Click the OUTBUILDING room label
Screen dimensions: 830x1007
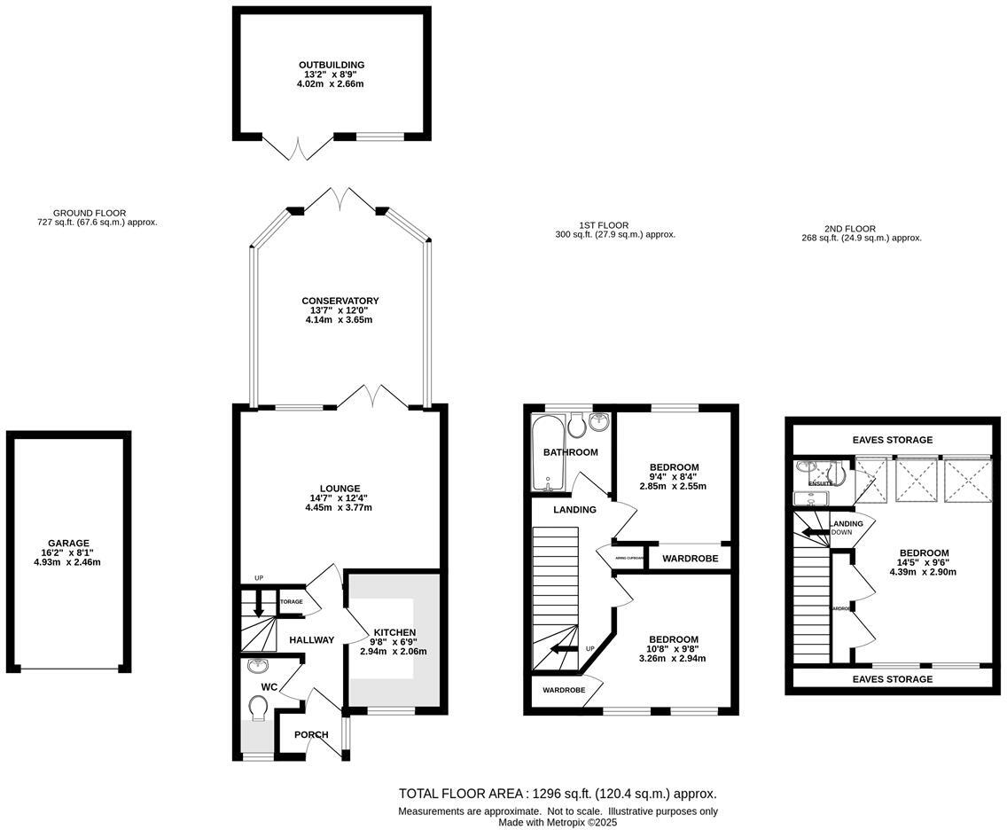tap(332, 65)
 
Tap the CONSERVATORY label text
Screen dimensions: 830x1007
tap(340, 301)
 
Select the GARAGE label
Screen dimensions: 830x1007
tap(68, 544)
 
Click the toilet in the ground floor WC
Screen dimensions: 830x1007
tap(260, 709)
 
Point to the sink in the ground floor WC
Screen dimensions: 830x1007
tap(258, 667)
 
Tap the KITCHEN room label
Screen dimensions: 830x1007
tap(393, 632)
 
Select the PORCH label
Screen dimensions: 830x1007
tap(311, 734)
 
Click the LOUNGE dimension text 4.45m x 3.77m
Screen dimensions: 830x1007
tap(340, 508)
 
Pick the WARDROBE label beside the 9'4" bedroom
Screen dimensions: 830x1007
tap(690, 559)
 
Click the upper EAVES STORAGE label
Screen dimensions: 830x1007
tap(892, 440)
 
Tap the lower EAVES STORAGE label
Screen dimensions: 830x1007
tap(892, 679)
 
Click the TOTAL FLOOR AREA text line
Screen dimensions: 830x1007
tap(558, 794)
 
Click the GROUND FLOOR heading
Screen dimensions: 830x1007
tap(90, 213)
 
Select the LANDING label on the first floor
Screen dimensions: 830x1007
tap(574, 510)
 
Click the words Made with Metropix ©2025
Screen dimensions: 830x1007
tap(558, 822)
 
